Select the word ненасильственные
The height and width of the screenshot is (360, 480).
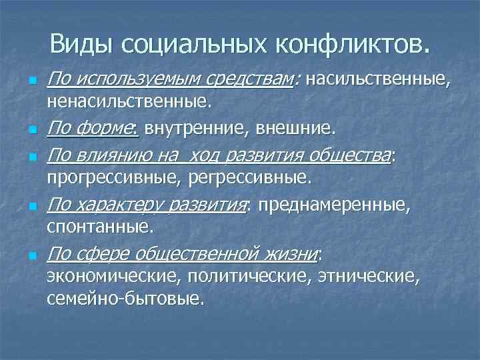coord(129,102)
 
